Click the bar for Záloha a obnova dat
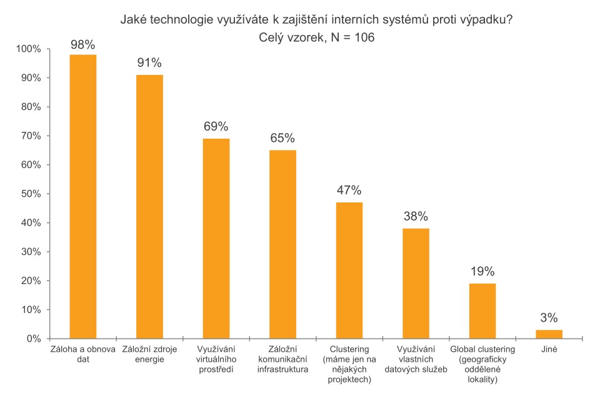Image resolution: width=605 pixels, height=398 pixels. tap(82, 197)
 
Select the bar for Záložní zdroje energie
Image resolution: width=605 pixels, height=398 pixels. tap(149, 207)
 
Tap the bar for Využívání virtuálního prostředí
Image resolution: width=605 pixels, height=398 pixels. tap(216, 239)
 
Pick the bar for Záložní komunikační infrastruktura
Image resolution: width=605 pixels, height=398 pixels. tap(282, 244)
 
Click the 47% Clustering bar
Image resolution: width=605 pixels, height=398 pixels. tap(349, 271)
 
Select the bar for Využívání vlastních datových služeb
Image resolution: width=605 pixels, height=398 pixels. tap(416, 284)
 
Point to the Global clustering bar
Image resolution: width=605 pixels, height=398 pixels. tap(482, 311)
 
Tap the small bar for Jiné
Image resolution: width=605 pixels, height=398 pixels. tap(549, 334)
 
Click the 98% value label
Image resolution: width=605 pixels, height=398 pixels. tap(82, 44)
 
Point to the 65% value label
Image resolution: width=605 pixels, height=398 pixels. tap(282, 139)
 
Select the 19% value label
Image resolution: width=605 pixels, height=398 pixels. tap(482, 272)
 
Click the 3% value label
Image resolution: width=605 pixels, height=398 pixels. tap(549, 318)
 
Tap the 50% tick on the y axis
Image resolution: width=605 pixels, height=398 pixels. tap(30, 194)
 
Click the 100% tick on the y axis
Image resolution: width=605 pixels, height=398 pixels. tap(28, 49)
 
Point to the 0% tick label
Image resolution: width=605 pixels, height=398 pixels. tap(33, 339)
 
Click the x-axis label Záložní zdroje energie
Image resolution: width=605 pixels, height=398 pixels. tap(149, 354)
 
